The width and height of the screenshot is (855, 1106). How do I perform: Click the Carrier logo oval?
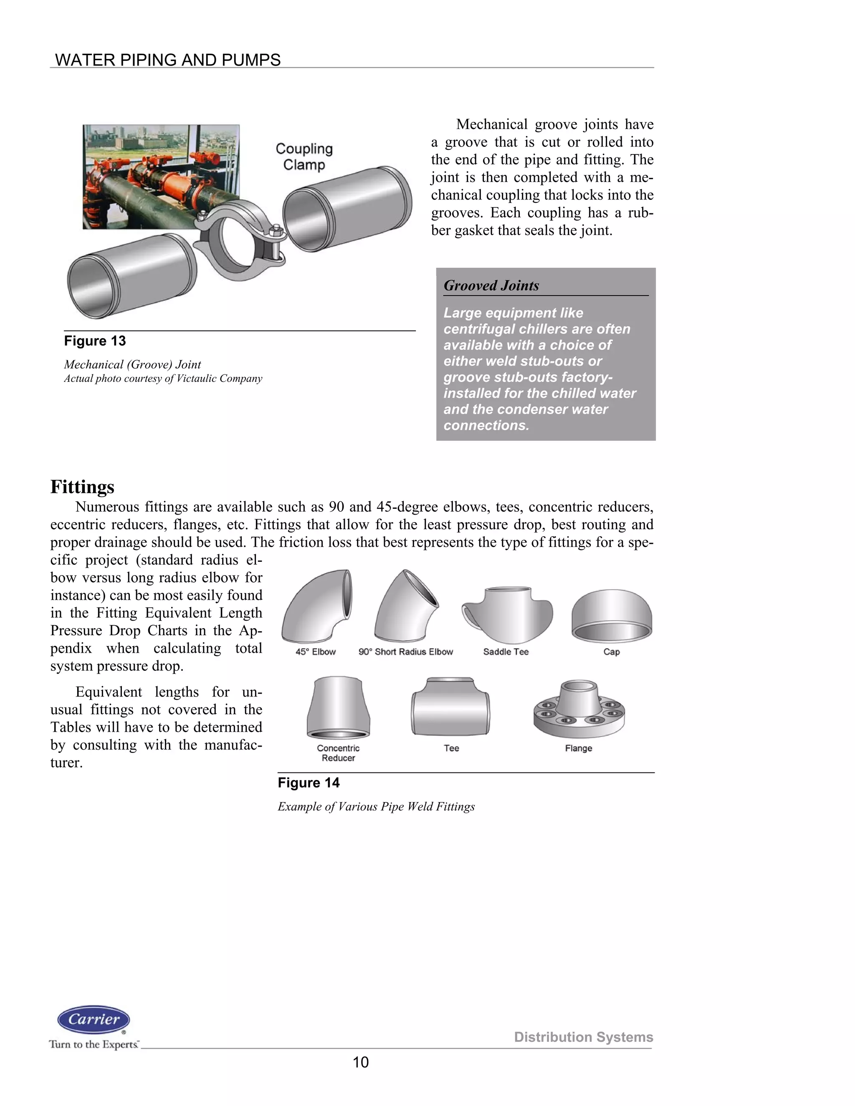coord(94,1020)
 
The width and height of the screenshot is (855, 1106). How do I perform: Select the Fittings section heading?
coord(82,487)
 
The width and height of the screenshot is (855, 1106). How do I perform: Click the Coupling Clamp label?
coord(304,157)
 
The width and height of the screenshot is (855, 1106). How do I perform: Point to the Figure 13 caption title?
coord(95,341)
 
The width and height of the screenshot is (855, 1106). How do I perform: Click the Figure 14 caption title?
coord(309,783)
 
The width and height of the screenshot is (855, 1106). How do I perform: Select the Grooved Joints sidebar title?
coord(491,285)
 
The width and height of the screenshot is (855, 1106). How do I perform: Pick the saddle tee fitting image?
coord(506,615)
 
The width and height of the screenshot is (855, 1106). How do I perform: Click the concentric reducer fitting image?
coord(338,708)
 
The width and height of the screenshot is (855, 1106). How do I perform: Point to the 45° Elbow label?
coord(316,652)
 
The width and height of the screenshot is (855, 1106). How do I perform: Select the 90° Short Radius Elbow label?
coord(406,652)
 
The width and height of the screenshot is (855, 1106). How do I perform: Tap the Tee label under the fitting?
coord(451,748)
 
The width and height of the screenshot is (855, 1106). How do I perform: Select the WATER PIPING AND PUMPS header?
coord(168,60)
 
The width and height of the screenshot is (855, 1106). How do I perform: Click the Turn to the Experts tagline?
coord(94,1044)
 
